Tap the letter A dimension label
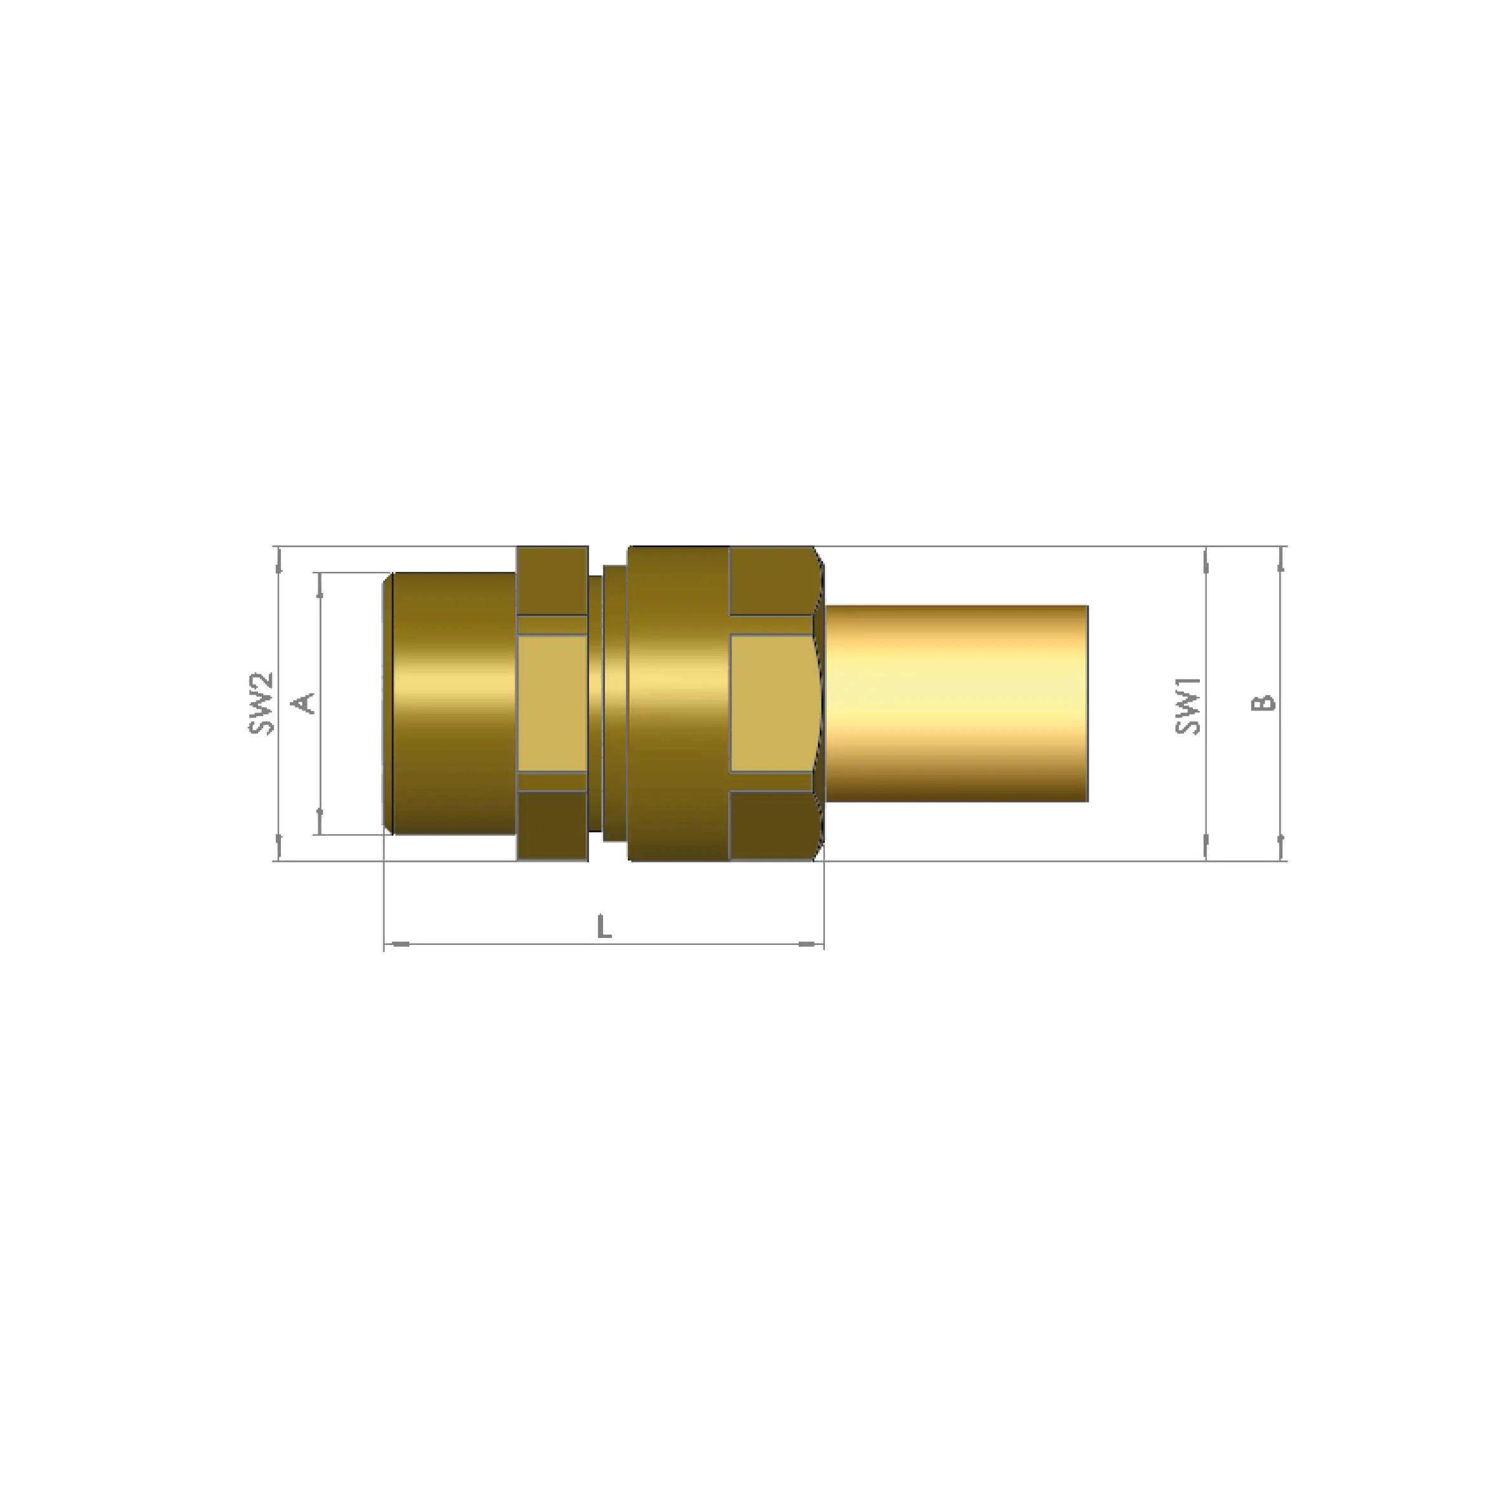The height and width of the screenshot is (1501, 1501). pyautogui.click(x=304, y=702)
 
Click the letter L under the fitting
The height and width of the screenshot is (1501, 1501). pyautogui.click(x=604, y=928)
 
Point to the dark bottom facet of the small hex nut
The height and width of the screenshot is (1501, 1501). pyautogui.click(x=552, y=826)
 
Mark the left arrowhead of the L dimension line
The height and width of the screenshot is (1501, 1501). pyautogui.click(x=398, y=946)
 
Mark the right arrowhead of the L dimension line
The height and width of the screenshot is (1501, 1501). pyautogui.click(x=811, y=946)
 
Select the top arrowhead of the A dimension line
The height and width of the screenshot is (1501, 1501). pyautogui.click(x=318, y=583)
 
